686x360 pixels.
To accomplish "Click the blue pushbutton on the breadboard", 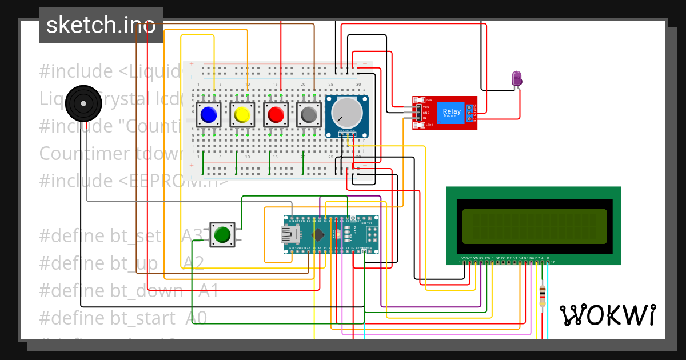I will point(209,115).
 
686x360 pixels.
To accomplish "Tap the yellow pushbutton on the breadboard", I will point(242,115).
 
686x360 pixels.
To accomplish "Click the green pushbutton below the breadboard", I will point(222,234).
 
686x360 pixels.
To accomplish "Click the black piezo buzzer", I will point(83,103).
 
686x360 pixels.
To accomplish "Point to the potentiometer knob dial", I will point(347,112).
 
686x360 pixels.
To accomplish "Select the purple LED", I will point(517,78).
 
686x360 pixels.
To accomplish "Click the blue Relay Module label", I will point(452,113).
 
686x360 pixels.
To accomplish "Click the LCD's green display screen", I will point(535,226).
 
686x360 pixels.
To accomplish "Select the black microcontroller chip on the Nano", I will point(319,234).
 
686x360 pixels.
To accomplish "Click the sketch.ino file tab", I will point(101,25).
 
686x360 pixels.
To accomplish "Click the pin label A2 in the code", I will point(193,263).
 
